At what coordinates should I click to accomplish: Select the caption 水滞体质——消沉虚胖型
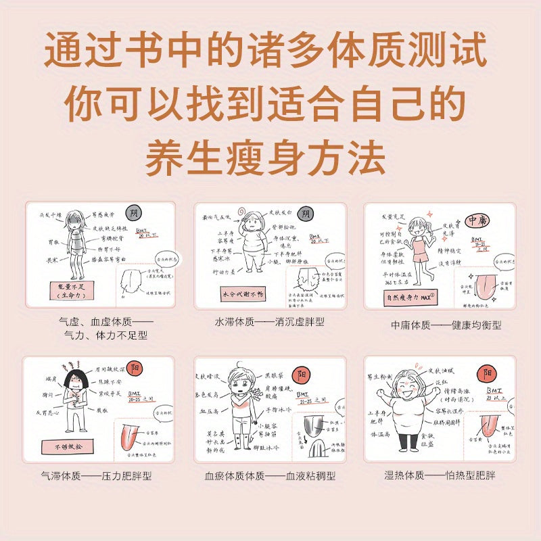click(x=270, y=322)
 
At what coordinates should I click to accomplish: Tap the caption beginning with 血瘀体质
click(x=270, y=475)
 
